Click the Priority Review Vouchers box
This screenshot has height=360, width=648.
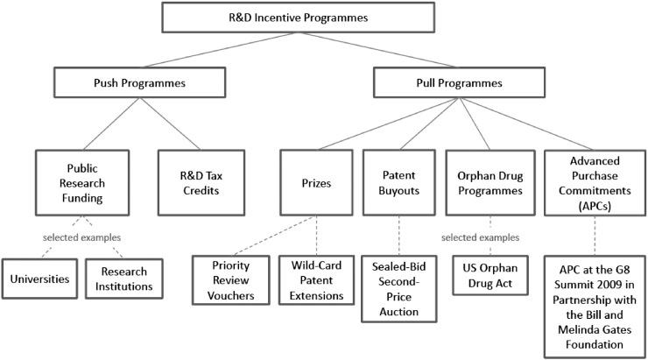pos(229,279)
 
